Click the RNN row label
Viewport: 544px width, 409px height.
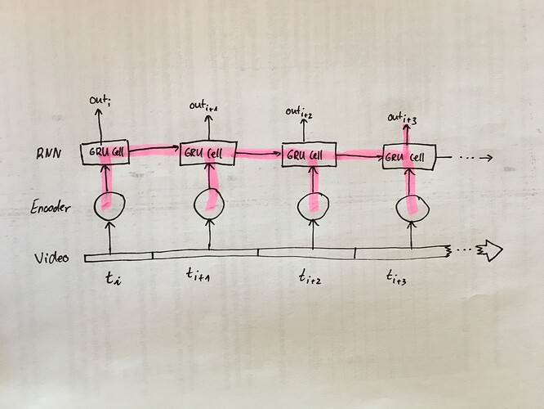coord(49,153)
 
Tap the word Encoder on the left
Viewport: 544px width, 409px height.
coord(51,207)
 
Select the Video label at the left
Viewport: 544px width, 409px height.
coord(51,258)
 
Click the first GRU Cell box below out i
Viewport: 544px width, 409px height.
coord(105,152)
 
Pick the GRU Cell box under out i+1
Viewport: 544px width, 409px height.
coord(208,153)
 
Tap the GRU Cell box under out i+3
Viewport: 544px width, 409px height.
coord(408,157)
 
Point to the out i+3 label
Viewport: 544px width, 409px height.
coord(402,119)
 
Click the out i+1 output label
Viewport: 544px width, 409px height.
coord(203,106)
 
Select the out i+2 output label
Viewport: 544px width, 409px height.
coord(299,112)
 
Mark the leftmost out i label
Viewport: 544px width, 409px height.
coord(100,101)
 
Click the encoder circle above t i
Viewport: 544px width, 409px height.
coord(109,205)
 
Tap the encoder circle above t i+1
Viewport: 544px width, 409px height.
coord(209,204)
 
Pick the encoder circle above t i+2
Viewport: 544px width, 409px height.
coord(313,207)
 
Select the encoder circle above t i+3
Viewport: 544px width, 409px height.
coord(412,208)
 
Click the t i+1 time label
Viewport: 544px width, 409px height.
coord(198,275)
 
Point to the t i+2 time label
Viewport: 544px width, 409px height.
coord(310,278)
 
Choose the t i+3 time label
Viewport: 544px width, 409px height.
coord(396,278)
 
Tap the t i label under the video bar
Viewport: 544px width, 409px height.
coord(113,278)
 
